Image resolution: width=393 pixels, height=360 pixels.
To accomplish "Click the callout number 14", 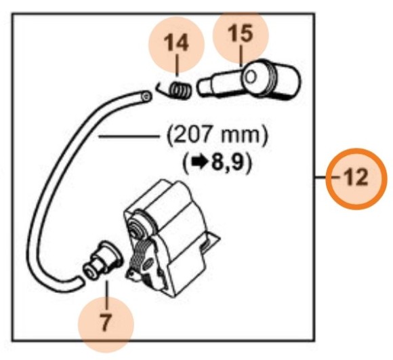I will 178,43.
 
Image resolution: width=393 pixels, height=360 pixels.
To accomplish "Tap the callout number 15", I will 241,33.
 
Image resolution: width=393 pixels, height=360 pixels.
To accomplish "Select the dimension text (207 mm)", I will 219,136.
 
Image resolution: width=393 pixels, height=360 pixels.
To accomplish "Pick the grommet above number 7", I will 102,261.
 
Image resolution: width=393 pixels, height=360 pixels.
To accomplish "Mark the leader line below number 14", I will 178,68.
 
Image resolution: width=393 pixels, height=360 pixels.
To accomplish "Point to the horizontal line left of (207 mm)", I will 128,137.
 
